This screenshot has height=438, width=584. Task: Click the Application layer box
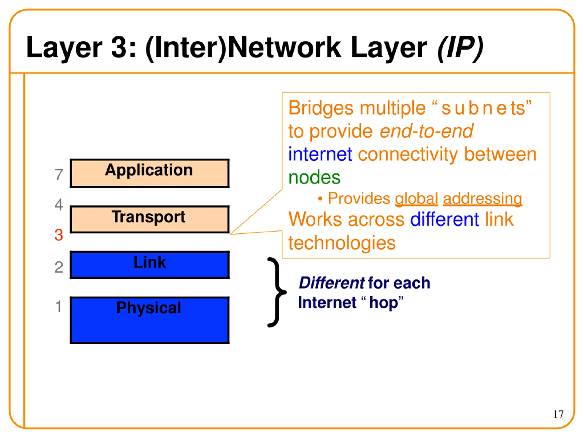(x=149, y=173)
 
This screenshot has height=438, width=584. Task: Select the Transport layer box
(x=149, y=219)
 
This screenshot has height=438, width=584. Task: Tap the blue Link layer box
(x=149, y=265)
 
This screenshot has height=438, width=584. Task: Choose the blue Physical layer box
(x=149, y=320)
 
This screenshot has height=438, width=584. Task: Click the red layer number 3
(x=59, y=235)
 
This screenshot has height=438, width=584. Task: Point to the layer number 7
(x=59, y=175)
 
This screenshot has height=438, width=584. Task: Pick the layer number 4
(x=59, y=205)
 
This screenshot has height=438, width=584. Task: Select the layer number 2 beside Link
(x=59, y=267)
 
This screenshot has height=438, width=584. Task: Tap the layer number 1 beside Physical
(x=59, y=307)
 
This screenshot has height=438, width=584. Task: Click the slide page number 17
(x=558, y=414)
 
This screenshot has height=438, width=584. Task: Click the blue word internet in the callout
(x=320, y=154)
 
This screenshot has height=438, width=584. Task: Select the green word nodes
(x=314, y=177)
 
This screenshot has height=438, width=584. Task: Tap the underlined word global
(x=416, y=198)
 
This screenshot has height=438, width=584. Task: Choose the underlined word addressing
(x=482, y=198)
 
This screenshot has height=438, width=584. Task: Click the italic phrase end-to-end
(x=426, y=131)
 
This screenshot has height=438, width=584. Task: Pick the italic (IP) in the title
(x=460, y=47)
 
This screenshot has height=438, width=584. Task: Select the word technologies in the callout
(x=342, y=243)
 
